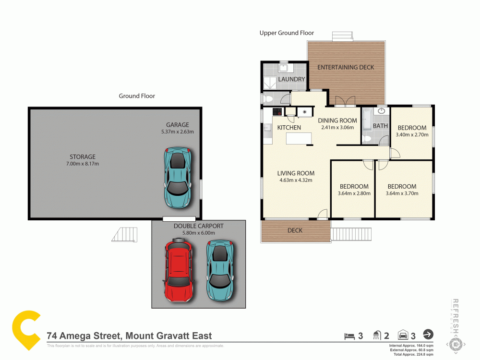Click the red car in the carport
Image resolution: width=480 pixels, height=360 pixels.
coord(179,272)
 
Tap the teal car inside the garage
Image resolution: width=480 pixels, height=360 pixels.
coord(177,178)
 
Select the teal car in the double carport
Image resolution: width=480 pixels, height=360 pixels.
coord(219,270)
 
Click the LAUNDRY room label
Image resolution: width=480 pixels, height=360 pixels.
coord(292,79)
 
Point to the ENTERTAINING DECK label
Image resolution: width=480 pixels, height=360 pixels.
coord(346,67)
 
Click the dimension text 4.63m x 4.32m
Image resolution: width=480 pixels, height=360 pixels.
coord(296,180)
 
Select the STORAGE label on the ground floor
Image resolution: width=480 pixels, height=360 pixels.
coord(83,156)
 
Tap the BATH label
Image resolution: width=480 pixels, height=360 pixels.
coord(380,126)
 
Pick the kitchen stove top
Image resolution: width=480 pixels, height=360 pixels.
coord(277,111)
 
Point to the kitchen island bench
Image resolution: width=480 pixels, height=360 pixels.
coord(299,138)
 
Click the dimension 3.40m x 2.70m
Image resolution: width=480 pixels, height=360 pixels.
coord(412,135)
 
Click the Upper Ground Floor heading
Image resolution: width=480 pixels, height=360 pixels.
coord(287,33)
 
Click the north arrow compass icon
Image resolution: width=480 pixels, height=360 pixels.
coord(428,335)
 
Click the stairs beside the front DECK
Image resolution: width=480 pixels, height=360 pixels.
coord(349,234)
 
